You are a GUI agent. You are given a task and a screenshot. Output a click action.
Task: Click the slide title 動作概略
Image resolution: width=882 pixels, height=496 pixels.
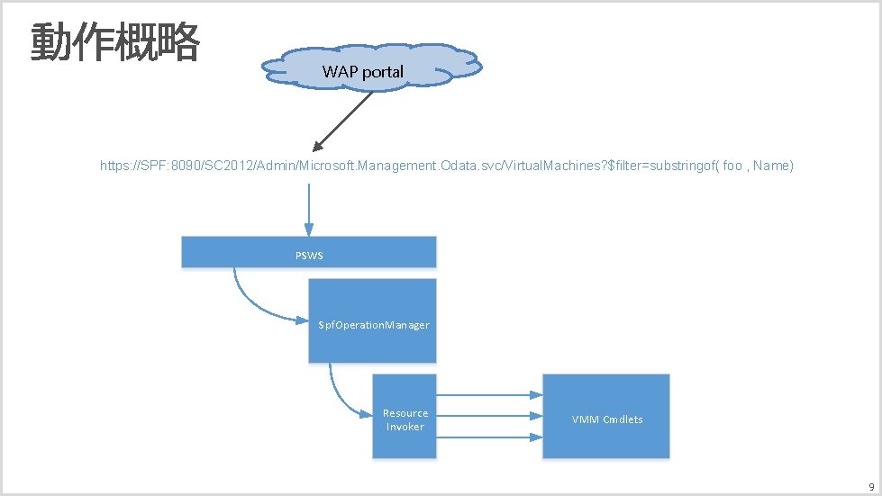click(x=114, y=42)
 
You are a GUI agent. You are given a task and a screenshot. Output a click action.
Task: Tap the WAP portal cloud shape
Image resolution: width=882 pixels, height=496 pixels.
click(x=370, y=65)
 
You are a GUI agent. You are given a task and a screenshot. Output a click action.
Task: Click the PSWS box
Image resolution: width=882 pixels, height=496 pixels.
click(x=309, y=253)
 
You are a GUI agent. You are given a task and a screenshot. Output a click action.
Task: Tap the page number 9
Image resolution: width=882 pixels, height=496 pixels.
click(x=870, y=485)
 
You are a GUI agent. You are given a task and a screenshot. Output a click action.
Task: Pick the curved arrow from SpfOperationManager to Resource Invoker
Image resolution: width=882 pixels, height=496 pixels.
click(x=342, y=396)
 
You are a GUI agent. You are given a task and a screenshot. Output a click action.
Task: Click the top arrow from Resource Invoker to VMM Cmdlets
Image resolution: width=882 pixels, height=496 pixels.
click(x=489, y=395)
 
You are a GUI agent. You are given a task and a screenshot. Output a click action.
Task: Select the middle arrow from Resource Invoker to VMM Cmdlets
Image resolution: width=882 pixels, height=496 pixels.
click(x=489, y=417)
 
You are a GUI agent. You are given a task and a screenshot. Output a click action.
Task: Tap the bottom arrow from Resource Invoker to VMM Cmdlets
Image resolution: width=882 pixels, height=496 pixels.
click(x=489, y=438)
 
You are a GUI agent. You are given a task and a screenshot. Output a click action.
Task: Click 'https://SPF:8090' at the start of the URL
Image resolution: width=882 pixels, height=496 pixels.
click(x=145, y=167)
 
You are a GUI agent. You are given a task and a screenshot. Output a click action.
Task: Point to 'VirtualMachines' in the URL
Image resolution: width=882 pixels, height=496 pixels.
click(x=560, y=167)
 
